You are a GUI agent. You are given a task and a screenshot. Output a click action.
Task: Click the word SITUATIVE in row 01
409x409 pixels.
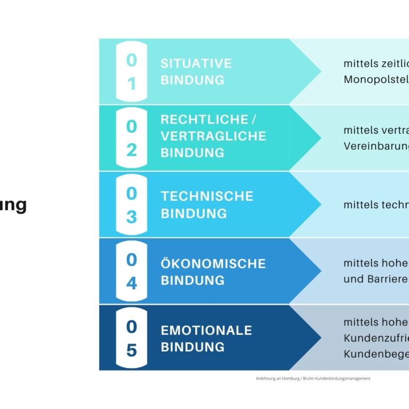click(x=196, y=63)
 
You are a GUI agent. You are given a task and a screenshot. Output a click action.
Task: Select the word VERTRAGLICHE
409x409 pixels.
click(x=213, y=136)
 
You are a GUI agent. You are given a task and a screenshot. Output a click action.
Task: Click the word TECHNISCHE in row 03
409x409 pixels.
click(x=207, y=196)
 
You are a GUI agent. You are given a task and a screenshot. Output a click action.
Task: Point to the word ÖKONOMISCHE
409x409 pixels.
click(x=213, y=263)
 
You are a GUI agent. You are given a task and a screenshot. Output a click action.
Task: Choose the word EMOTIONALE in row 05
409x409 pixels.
click(x=206, y=330)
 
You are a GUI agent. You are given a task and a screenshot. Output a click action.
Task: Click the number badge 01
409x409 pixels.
click(x=131, y=72)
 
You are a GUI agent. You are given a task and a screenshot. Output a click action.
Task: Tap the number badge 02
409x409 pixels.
click(x=131, y=138)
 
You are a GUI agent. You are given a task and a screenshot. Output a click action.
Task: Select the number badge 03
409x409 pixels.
click(x=131, y=204)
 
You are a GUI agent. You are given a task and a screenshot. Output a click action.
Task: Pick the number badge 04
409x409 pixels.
click(x=131, y=271)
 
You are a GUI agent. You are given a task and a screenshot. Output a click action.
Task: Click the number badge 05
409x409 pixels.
click(x=131, y=338)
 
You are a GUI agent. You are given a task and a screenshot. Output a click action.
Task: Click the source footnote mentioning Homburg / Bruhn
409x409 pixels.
click(x=313, y=379)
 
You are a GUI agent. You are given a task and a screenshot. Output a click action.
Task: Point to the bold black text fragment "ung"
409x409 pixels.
click(x=13, y=206)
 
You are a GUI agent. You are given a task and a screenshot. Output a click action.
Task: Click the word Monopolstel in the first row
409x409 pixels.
click(x=376, y=79)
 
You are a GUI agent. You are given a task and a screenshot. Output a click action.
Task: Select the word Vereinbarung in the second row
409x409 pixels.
click(x=376, y=146)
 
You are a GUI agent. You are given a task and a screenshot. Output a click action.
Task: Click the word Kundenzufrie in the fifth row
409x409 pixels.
click(x=376, y=338)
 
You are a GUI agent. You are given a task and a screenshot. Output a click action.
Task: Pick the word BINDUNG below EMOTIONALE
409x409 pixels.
click(x=192, y=347)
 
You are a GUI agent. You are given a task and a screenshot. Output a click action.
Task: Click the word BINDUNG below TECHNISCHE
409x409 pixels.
click(x=193, y=213)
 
